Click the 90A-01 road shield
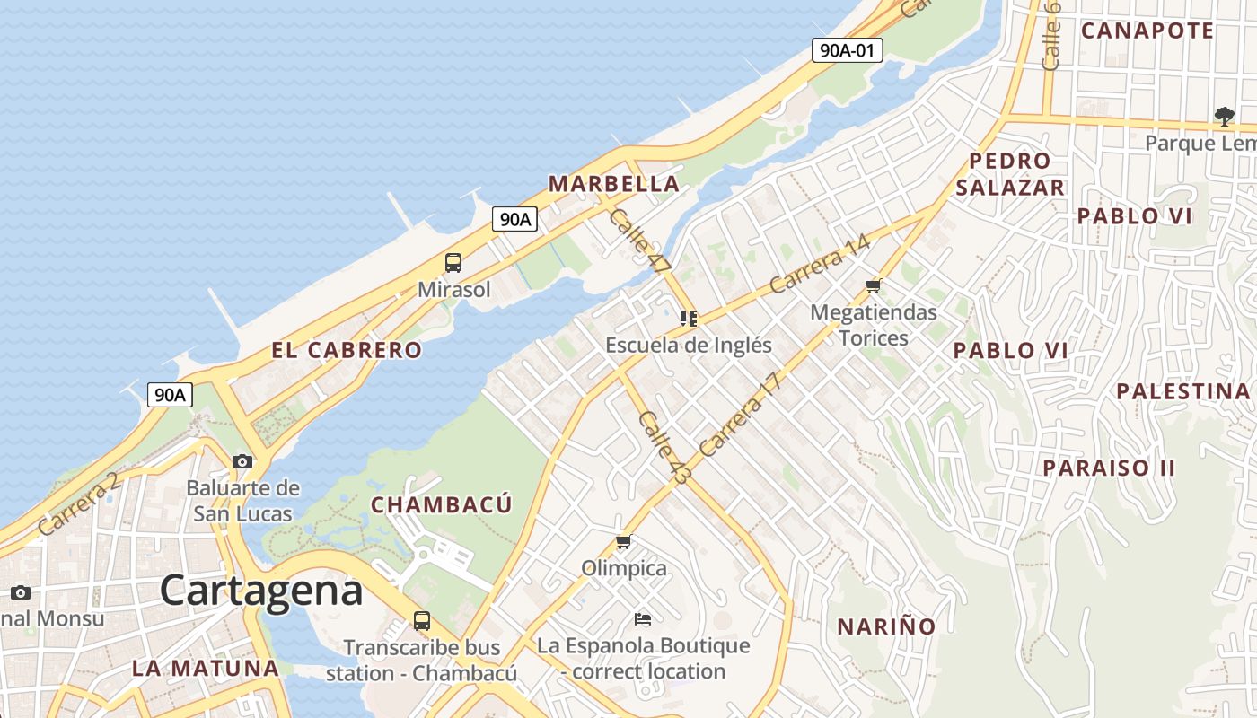click(848, 50)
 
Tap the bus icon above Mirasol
click(453, 263)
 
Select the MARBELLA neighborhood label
click(613, 184)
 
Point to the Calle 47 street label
click(639, 241)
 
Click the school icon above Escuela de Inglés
click(689, 318)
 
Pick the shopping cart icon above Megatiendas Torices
click(873, 286)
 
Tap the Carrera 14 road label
click(820, 263)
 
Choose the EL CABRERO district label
click(347, 350)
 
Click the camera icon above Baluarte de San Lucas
click(242, 461)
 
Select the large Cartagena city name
click(261, 591)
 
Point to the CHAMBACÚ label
click(442, 504)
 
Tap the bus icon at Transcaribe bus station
click(421, 620)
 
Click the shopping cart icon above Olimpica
click(624, 542)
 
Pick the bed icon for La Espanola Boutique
click(643, 618)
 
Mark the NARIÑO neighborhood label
click(886, 626)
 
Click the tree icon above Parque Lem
click(1224, 116)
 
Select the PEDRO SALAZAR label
click(1010, 174)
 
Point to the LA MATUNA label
click(206, 668)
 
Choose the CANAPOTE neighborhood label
click(1147, 31)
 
